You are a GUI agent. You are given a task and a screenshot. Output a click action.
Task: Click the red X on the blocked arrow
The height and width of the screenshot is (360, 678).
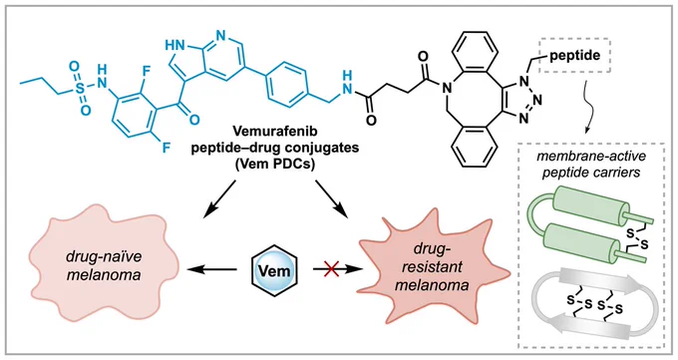(331, 269)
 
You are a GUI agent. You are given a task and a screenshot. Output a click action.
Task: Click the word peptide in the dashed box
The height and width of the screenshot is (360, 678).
(574, 56)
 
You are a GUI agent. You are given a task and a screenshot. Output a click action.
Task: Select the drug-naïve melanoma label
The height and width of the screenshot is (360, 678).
(104, 265)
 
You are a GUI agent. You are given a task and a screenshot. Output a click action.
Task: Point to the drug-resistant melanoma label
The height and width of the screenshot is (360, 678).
(432, 266)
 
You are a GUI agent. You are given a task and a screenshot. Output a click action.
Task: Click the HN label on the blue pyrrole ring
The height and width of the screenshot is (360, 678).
(174, 44)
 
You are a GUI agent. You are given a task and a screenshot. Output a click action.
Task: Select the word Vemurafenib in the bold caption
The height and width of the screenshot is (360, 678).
(274, 131)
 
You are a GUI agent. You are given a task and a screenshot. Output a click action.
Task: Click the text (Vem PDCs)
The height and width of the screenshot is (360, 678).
(274, 165)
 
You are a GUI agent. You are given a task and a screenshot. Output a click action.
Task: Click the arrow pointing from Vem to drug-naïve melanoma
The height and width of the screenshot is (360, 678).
(211, 269)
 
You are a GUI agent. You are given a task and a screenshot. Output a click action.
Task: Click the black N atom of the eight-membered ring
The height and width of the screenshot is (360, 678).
(447, 88)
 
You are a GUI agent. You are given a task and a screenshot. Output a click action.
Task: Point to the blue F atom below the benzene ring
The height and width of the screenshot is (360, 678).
(166, 149)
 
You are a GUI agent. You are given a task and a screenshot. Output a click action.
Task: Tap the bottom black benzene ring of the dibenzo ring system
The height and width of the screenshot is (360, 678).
(473, 145)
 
